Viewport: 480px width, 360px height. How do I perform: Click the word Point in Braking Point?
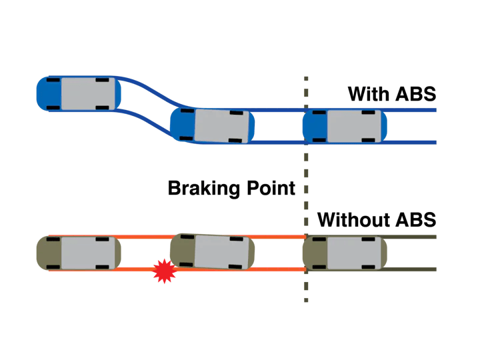[x=269, y=188]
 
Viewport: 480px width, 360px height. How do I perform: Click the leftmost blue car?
[x=79, y=93]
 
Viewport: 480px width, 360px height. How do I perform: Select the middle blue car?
[x=212, y=125]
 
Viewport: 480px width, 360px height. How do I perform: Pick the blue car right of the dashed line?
[x=344, y=126]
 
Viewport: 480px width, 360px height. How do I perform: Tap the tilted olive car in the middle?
[x=212, y=251]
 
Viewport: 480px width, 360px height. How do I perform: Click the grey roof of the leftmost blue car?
[x=82, y=93]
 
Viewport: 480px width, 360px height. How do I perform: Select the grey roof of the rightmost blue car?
[x=347, y=126]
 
